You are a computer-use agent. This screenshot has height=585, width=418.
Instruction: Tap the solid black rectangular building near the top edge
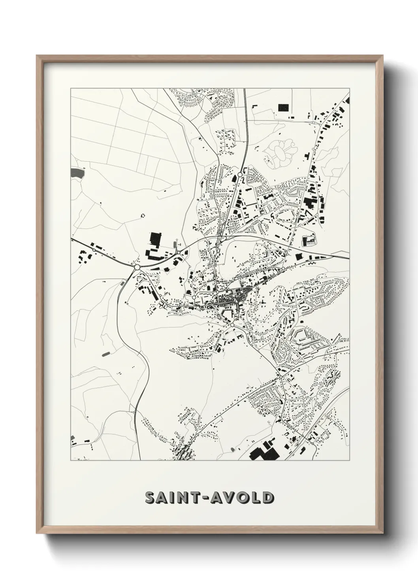[284, 107]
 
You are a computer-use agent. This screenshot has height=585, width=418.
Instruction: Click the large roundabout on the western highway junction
[137, 268]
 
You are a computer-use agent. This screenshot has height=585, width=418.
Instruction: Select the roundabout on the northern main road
[240, 174]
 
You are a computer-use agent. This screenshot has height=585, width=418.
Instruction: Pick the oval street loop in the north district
[285, 216]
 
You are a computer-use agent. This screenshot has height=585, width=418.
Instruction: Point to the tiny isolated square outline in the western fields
[143, 215]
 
